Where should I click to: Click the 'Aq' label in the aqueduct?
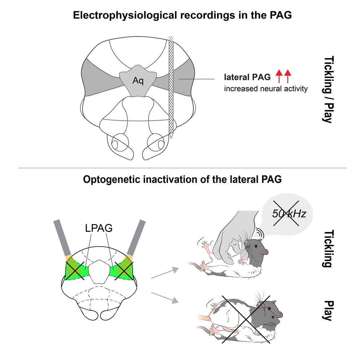[x=138, y=81]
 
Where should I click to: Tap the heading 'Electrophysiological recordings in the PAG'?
[x=180, y=16]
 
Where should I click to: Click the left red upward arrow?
[x=279, y=77]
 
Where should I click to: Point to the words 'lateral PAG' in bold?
[x=247, y=77]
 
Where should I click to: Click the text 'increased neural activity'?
[x=266, y=89]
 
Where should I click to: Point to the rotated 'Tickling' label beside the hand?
[x=327, y=249]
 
